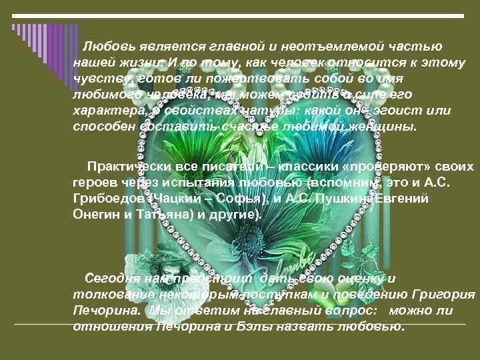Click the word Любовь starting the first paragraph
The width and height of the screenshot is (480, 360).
point(108,46)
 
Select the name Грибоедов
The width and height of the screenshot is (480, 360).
point(107,199)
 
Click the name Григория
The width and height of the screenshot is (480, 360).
point(443,295)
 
